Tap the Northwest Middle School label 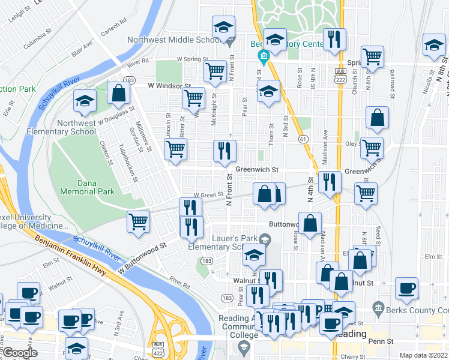coord(175,41)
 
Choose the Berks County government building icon coord(378,309)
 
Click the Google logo coord(20,353)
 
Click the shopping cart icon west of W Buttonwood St coord(138,221)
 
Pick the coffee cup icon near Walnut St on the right coord(406,288)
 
